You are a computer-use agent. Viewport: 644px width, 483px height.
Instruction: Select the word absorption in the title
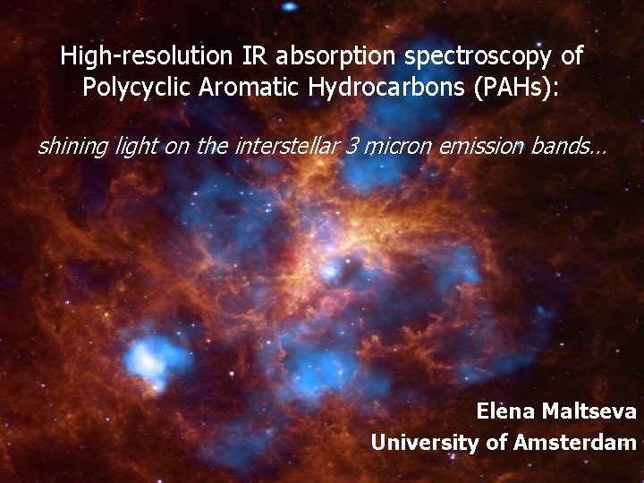pos(336,56)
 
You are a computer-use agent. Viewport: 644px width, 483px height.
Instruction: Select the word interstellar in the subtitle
pos(286,147)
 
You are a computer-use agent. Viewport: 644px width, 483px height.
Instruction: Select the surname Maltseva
pos(594,411)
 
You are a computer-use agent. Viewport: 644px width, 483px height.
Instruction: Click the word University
pos(420,442)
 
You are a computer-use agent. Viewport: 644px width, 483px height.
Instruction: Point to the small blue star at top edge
pos(288,6)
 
